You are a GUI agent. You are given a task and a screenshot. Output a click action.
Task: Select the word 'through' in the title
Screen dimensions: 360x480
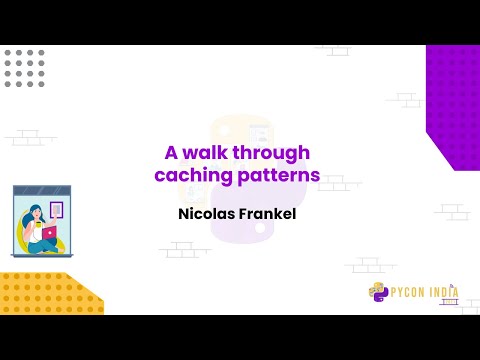coord(274,153)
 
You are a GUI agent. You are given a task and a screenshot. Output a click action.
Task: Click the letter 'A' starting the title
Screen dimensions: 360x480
coord(170,153)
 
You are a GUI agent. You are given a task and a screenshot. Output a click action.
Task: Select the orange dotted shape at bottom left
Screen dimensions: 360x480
coord(45,293)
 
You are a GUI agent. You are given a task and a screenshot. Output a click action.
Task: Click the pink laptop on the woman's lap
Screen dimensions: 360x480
coord(48,233)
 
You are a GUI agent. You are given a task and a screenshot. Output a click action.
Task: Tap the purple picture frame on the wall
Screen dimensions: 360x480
coord(56,210)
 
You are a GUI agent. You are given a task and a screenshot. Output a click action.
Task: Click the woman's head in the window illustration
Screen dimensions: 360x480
coord(35,212)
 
